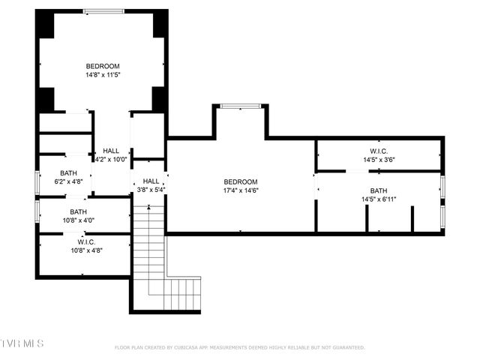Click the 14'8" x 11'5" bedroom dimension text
click(103, 75)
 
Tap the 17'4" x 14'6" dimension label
click(241, 190)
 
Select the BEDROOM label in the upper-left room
click(103, 66)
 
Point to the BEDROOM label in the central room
click(241, 181)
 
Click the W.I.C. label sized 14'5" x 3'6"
click(378, 150)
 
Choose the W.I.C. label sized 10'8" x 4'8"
click(86, 241)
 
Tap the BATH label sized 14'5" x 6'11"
click(378, 190)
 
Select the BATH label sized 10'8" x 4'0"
click(79, 212)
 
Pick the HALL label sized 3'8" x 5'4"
click(151, 181)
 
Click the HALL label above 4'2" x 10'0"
click(111, 150)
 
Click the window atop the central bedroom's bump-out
click(240, 106)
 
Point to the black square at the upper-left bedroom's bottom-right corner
click(159, 99)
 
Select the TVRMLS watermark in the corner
click(22, 343)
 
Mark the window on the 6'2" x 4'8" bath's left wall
click(37, 182)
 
